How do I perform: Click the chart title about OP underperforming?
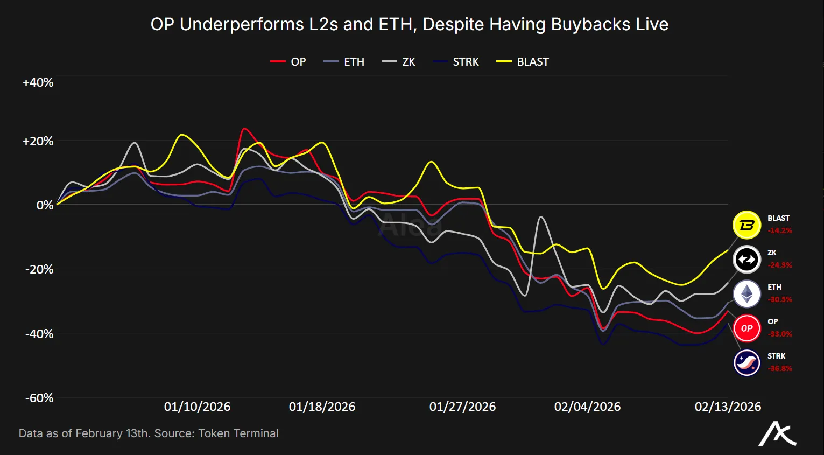click(x=409, y=24)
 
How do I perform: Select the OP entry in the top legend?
click(x=288, y=62)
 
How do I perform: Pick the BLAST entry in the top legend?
click(x=523, y=62)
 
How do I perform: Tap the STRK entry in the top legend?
click(x=456, y=62)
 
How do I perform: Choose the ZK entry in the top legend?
click(x=399, y=62)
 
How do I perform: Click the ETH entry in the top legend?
click(x=344, y=62)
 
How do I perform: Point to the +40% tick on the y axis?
click(x=38, y=82)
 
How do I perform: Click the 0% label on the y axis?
click(x=45, y=205)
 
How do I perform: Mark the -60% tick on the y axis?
click(x=39, y=398)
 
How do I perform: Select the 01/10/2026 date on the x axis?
click(x=197, y=407)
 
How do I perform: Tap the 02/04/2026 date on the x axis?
click(x=587, y=407)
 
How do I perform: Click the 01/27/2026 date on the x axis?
click(x=462, y=407)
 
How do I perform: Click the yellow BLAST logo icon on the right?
click(x=746, y=225)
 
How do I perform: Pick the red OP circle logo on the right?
click(x=746, y=328)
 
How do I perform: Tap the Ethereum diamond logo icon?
click(x=746, y=294)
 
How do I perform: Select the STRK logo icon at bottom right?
click(x=746, y=363)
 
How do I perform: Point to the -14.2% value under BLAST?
click(x=780, y=230)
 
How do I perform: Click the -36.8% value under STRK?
click(x=780, y=368)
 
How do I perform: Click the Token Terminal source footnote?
click(x=149, y=433)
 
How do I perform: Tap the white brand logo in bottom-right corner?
click(x=777, y=433)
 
